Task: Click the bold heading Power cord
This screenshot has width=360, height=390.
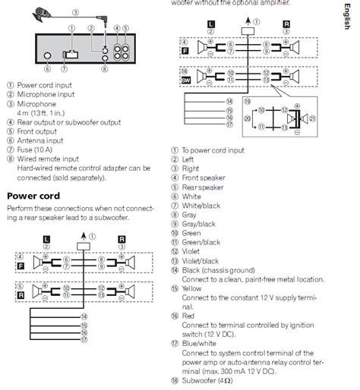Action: (x=33, y=196)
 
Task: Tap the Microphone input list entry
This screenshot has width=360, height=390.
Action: (x=47, y=93)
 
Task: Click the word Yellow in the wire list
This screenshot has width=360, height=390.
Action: (x=194, y=288)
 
